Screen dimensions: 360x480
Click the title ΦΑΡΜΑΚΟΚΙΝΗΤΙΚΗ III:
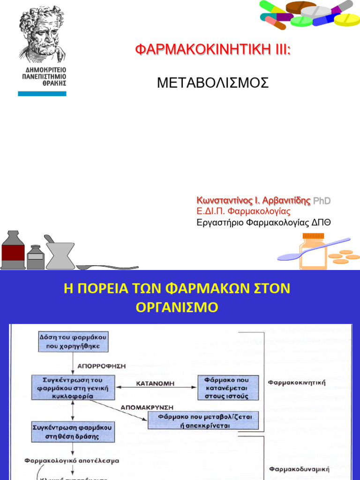point(213,50)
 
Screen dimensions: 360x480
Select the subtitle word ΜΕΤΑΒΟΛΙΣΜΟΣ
point(213,83)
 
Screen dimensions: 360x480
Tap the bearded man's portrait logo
point(43,33)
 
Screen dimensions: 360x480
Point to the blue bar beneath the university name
point(42,94)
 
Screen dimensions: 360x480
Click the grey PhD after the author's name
point(322,201)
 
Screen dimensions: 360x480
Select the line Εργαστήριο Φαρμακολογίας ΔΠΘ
point(263,222)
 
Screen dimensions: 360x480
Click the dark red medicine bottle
point(13,250)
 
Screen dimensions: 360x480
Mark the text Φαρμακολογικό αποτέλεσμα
point(72,461)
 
